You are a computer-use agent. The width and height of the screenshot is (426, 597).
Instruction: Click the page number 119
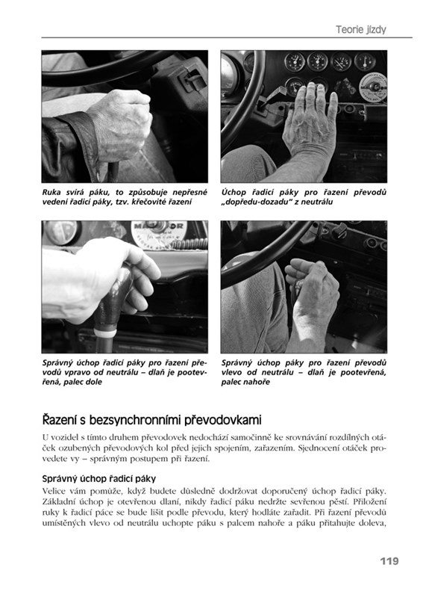pos(389,561)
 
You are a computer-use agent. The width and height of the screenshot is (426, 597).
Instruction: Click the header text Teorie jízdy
pos(360,29)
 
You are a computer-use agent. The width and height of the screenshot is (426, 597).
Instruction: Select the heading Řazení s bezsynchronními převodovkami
pos(151,420)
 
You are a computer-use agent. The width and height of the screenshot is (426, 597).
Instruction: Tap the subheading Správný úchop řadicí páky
pos(98,479)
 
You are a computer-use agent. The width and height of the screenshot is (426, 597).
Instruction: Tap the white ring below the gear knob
pos(105,333)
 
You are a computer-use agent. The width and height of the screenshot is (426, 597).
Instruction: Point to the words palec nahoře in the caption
pos(245,382)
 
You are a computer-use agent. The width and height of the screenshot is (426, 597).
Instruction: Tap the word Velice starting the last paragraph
pos(53,491)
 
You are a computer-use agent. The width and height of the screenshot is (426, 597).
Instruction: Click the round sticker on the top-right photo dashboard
pos(372,87)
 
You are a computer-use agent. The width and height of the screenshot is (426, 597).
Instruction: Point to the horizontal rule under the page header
pos(227,37)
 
